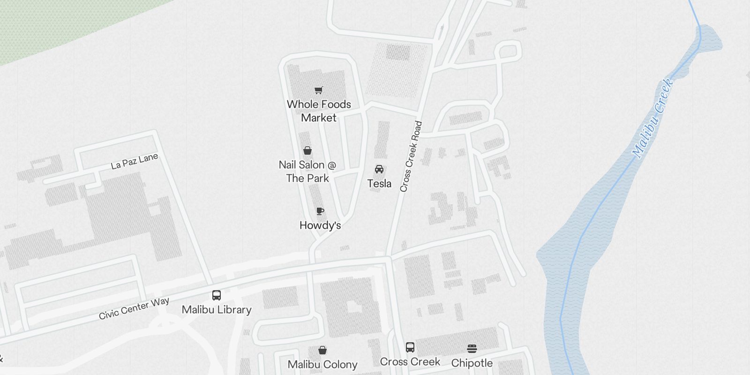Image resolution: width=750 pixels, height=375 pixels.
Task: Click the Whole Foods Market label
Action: [x=319, y=111]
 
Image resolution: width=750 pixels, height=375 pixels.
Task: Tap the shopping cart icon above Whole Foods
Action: [x=319, y=90]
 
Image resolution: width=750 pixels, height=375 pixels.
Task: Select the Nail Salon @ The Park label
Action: [x=307, y=172]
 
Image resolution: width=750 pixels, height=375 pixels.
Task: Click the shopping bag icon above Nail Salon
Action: [x=307, y=150]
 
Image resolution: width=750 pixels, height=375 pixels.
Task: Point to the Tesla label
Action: [x=379, y=184]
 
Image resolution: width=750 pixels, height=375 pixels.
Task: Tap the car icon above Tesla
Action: [x=379, y=169]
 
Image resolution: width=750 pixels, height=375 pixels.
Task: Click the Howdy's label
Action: [x=320, y=225]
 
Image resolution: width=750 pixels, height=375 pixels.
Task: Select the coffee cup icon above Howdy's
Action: [x=320, y=211]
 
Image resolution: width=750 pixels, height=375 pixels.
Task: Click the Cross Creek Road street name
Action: [x=411, y=157]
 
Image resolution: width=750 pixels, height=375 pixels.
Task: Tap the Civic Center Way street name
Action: [x=134, y=308]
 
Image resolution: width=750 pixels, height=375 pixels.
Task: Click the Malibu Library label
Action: [x=217, y=310]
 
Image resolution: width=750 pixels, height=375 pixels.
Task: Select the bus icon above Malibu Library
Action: [x=216, y=295]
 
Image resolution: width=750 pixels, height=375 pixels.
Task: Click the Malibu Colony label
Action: [x=322, y=365]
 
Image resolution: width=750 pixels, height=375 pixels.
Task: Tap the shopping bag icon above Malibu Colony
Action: [x=322, y=350]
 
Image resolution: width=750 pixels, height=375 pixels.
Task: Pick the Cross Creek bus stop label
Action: [x=410, y=362]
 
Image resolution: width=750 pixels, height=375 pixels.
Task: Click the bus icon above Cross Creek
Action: [x=410, y=347]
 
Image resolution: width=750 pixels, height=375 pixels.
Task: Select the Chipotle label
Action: [x=472, y=363]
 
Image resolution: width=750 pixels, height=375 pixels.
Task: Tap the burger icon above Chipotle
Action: [x=472, y=349]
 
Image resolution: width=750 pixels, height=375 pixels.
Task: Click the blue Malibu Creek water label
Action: [x=652, y=118]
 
